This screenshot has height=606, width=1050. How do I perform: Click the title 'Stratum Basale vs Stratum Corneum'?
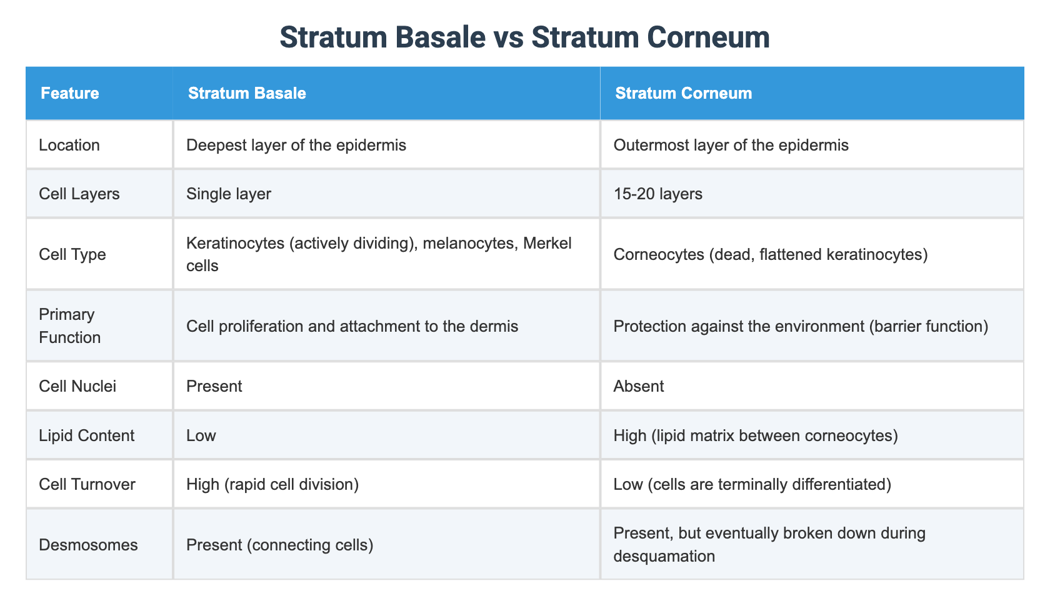coord(524,37)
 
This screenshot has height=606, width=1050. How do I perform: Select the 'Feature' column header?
coord(69,93)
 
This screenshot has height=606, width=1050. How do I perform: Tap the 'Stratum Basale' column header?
coord(247,93)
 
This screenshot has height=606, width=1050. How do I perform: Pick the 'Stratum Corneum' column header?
coord(683,93)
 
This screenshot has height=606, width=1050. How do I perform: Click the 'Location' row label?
coord(69,145)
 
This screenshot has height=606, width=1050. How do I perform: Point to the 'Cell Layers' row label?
coord(79,194)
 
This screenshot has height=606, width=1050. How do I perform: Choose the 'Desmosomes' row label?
coord(88,545)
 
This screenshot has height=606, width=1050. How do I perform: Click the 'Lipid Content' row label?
coord(86,435)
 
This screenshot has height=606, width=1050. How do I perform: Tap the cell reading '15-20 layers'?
coord(658,194)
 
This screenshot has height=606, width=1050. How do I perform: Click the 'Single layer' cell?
coord(229,194)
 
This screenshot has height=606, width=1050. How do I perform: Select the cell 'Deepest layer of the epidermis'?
coord(296,145)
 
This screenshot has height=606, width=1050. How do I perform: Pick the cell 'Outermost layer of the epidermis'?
coord(731,145)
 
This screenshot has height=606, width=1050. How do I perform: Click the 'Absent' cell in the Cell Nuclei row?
coord(639,386)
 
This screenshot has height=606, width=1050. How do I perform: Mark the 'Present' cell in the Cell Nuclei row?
coord(214,386)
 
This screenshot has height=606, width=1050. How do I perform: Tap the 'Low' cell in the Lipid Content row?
coord(201,435)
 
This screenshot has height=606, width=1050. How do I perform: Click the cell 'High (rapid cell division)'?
coord(272,484)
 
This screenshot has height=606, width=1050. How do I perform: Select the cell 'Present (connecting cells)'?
coord(280,545)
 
